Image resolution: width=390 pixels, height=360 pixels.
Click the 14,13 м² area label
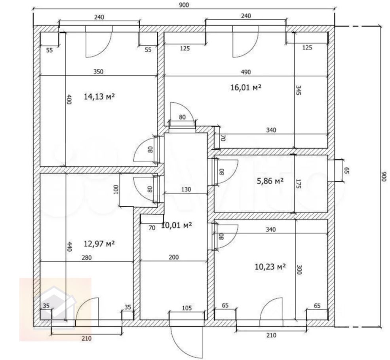[x=99, y=97]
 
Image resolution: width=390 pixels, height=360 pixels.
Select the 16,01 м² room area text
[x=246, y=87]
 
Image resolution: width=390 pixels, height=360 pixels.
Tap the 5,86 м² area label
[x=270, y=181]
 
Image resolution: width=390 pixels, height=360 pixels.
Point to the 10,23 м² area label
[x=270, y=267]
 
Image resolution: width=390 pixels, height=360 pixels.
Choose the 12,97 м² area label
[x=99, y=244]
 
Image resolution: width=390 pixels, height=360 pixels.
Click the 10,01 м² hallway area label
[x=177, y=225]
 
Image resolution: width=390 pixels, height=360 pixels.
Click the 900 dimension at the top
[x=184, y=5]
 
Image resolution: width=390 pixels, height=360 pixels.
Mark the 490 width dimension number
[x=246, y=72]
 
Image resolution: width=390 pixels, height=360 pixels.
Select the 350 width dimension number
[x=98, y=72]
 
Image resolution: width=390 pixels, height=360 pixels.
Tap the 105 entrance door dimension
[x=187, y=308]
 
